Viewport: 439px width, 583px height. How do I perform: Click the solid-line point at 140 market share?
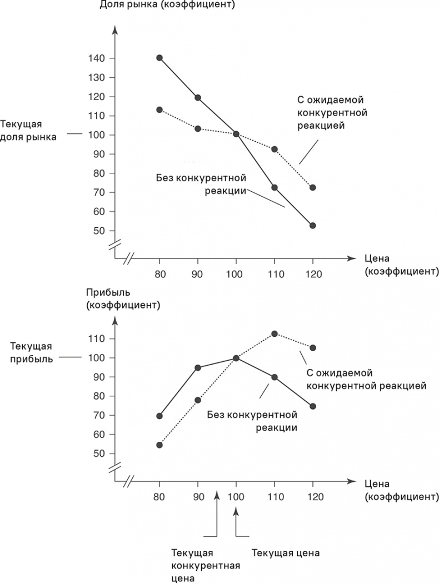click(159, 58)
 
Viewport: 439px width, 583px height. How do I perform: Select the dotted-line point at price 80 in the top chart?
click(159, 109)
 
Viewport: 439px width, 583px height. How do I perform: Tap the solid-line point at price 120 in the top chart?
click(312, 225)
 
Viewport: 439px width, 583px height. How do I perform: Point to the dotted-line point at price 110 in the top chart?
click(274, 149)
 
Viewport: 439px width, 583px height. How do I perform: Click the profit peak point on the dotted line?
click(274, 333)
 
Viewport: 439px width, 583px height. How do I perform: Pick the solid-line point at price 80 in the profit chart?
click(159, 416)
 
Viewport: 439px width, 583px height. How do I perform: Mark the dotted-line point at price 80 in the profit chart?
click(159, 445)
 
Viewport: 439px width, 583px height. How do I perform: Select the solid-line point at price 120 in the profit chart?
click(312, 406)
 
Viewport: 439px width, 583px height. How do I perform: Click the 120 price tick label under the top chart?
click(312, 273)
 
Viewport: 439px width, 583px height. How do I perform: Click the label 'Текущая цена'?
click(286, 554)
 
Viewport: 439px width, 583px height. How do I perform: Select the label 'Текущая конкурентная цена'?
click(205, 566)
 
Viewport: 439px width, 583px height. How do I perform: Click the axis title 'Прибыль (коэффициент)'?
click(123, 298)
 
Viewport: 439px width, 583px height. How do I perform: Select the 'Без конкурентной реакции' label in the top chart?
click(202, 184)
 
